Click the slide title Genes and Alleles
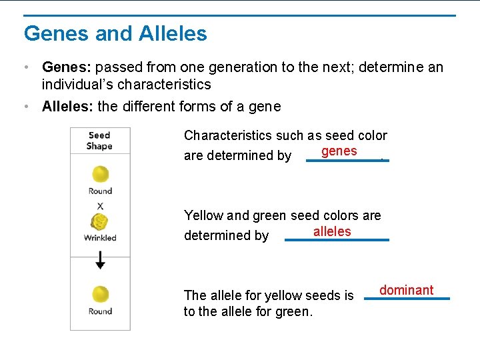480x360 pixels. pos(115,33)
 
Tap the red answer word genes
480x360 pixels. pos(339,151)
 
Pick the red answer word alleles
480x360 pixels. pos(331,231)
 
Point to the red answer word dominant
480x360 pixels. pos(406,290)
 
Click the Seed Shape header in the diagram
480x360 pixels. pos(99,141)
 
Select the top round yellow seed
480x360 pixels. pos(100,175)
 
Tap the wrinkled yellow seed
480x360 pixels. pos(100,222)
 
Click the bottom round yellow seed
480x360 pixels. pos(100,294)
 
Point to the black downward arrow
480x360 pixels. pos(100,261)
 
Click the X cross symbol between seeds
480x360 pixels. pos(100,206)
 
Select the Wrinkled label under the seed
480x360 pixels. pos(100,238)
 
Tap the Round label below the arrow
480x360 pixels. pos(100,311)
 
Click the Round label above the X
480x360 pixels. pos(100,191)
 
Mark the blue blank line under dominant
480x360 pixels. pos(407,299)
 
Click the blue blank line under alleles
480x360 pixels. pos(337,240)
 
